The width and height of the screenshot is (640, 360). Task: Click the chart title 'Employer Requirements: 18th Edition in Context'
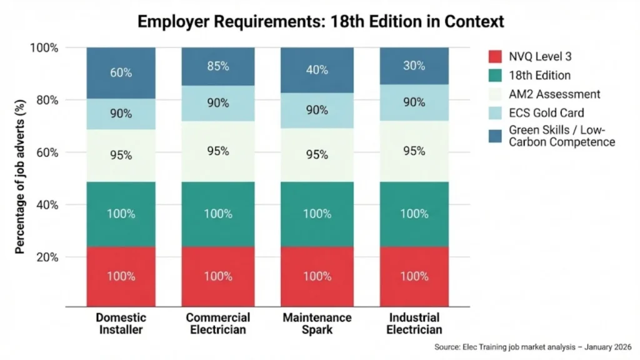[320, 21]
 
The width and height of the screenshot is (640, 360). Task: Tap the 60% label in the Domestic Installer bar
[121, 72]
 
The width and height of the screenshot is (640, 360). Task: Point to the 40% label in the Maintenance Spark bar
[317, 69]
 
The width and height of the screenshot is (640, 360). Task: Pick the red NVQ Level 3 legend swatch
[495, 56]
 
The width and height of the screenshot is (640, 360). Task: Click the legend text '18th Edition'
[540, 75]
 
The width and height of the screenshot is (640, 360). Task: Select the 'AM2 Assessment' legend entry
[554, 94]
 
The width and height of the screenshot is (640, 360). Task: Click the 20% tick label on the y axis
[46, 257]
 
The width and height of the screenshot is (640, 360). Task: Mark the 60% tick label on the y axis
[46, 152]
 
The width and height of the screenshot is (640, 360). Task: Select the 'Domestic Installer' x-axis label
[121, 324]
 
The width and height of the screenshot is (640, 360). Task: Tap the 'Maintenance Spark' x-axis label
[317, 324]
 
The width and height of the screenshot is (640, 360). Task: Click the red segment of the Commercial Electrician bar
[217, 276]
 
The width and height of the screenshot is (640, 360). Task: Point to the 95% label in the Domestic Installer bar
[121, 155]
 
